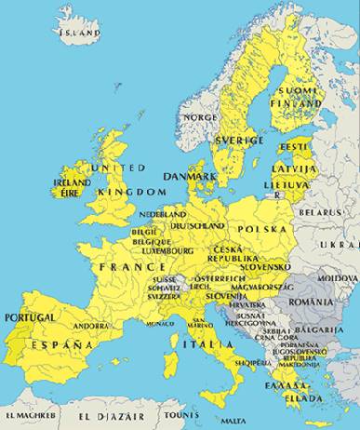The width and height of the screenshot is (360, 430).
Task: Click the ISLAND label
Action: pos(79,33)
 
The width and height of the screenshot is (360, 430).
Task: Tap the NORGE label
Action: pos(200,117)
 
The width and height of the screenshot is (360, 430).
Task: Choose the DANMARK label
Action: pos(190,175)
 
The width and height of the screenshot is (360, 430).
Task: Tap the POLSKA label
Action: pos(262,228)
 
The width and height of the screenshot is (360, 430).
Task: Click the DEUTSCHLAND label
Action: pos(198,225)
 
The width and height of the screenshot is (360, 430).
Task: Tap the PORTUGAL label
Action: pos(31,316)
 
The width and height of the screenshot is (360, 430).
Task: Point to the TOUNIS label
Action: pos(180,415)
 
